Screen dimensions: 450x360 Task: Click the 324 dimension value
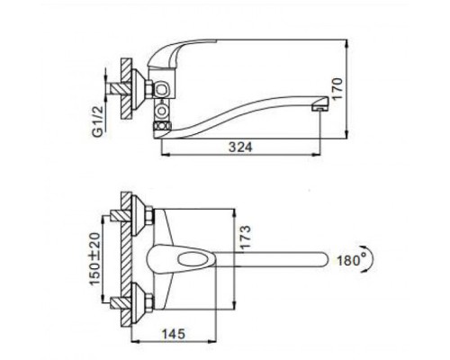[x=240, y=148]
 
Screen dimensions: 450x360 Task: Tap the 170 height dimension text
[x=337, y=89]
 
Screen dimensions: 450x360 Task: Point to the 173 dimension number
[x=245, y=237]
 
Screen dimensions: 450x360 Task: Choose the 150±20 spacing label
[x=95, y=259]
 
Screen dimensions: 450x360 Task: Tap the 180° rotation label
[x=352, y=260]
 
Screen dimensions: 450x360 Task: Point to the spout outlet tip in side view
[x=320, y=105]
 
